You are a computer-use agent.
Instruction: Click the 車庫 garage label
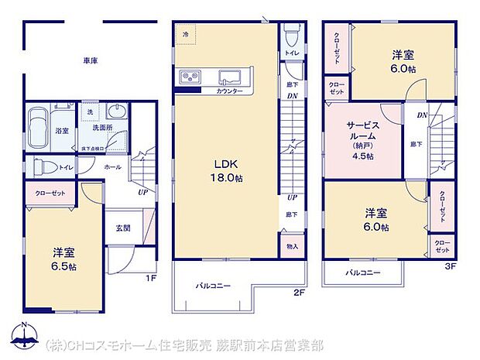pyautogui.click(x=90, y=60)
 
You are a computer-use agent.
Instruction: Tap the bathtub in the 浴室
pyautogui.click(x=39, y=124)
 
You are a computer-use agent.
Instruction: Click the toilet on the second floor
pyautogui.click(x=290, y=35)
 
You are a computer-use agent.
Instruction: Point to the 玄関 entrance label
pyautogui.click(x=122, y=228)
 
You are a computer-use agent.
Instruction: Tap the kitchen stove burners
pyautogui.click(x=191, y=77)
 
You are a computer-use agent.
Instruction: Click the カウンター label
pyautogui.click(x=229, y=91)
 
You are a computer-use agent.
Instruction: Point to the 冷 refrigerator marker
pyautogui.click(x=186, y=35)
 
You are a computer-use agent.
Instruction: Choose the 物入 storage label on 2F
pyautogui.click(x=291, y=246)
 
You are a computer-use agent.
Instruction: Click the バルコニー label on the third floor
pyautogui.click(x=362, y=273)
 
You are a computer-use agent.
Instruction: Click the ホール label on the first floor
pyautogui.click(x=111, y=166)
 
